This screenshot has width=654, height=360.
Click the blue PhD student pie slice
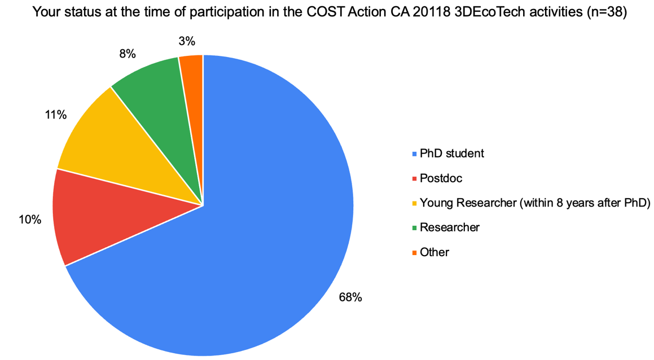(254, 237)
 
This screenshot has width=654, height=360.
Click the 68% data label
(350, 297)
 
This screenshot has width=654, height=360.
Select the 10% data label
(30, 219)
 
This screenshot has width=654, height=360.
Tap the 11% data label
(56, 115)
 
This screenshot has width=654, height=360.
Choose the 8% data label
(127, 54)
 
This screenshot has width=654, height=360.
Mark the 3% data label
(187, 41)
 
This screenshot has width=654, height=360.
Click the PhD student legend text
(452, 153)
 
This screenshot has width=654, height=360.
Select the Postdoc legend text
(441, 178)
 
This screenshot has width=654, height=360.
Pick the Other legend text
(434, 252)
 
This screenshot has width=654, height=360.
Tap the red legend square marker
(415, 179)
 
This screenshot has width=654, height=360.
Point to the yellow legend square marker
(415, 203)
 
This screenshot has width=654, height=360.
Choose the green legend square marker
(415, 228)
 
